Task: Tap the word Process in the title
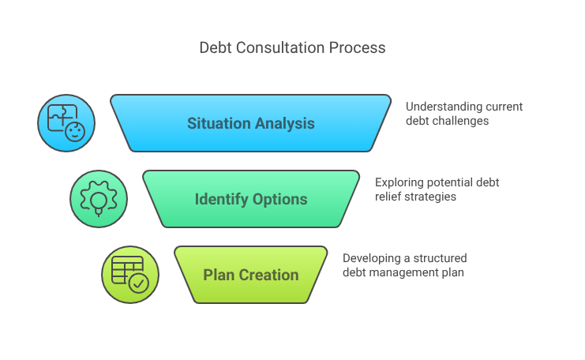click(359, 48)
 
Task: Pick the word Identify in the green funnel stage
click(222, 199)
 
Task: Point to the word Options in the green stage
click(280, 199)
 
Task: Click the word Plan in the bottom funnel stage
click(218, 275)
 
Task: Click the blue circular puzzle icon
click(66, 123)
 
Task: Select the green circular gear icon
click(98, 198)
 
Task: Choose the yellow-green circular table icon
click(129, 275)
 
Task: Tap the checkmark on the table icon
click(139, 283)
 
